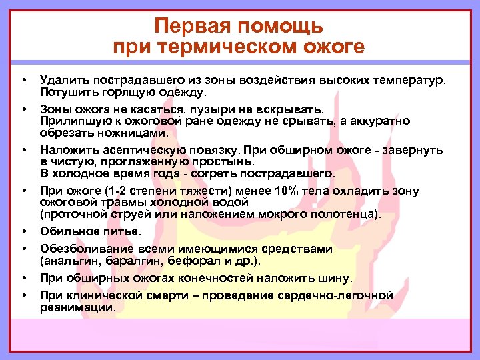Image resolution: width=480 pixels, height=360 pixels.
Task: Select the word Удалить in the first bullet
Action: click(62, 80)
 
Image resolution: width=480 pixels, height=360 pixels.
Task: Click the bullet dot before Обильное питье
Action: click(24, 231)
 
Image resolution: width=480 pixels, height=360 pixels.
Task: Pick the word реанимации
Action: click(77, 307)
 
